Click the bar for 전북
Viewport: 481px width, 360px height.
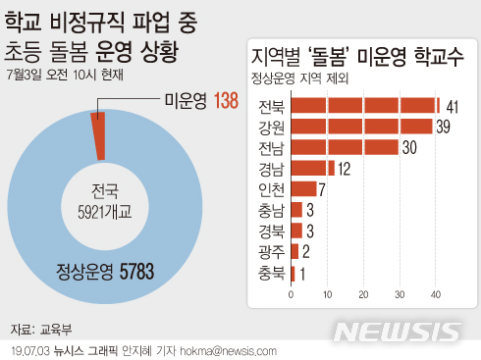[x=363, y=106]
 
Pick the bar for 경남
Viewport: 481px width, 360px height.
[x=312, y=168]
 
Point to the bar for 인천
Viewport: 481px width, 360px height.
[x=303, y=188]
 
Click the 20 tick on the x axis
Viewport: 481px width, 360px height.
[x=363, y=293]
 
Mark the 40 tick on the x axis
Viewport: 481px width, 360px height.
[x=435, y=293]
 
